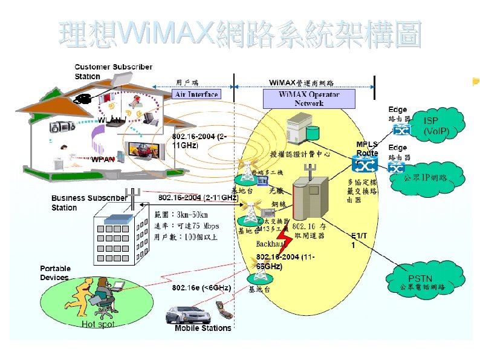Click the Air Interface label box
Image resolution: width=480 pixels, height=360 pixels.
click(x=196, y=94)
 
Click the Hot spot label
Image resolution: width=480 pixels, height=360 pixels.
click(x=98, y=324)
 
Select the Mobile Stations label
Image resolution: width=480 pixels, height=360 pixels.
click(x=203, y=328)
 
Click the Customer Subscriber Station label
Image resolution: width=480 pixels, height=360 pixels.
click(x=113, y=71)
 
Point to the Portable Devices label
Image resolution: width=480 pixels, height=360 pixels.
click(x=55, y=273)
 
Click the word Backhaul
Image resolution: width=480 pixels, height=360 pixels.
click(x=271, y=244)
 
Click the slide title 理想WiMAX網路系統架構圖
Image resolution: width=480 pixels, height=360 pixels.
click(x=240, y=34)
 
